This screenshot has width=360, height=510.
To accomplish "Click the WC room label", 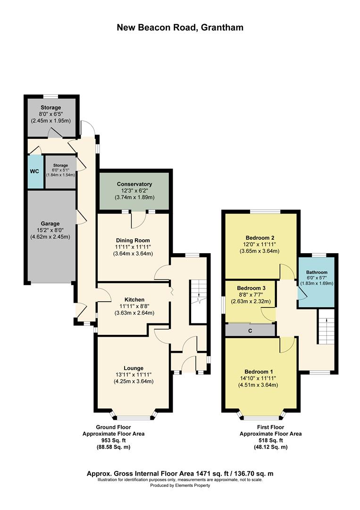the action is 35,171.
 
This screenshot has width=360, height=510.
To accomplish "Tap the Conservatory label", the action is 134,184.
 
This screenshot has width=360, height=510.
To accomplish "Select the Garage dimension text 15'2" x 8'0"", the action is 50,230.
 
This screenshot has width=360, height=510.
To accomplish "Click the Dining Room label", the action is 133,240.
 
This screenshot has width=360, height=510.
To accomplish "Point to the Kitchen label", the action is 134,299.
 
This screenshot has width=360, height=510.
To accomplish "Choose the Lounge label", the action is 134,368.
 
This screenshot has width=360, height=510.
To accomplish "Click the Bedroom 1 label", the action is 259,372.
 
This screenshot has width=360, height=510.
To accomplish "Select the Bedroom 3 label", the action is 251,288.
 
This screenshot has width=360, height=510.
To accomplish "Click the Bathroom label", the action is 317,272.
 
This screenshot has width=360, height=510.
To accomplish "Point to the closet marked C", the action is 250,330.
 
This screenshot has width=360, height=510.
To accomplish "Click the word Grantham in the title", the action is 222,27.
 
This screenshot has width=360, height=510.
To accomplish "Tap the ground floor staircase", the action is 198,301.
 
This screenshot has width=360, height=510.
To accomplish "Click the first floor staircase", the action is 326,326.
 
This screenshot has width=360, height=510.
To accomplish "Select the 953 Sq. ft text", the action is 113,441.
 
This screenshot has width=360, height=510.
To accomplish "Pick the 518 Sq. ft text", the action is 271,441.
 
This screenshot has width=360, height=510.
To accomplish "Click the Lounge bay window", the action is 134,416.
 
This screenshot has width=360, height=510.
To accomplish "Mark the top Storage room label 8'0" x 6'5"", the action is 50,114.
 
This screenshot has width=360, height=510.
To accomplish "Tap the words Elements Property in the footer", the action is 193,485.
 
